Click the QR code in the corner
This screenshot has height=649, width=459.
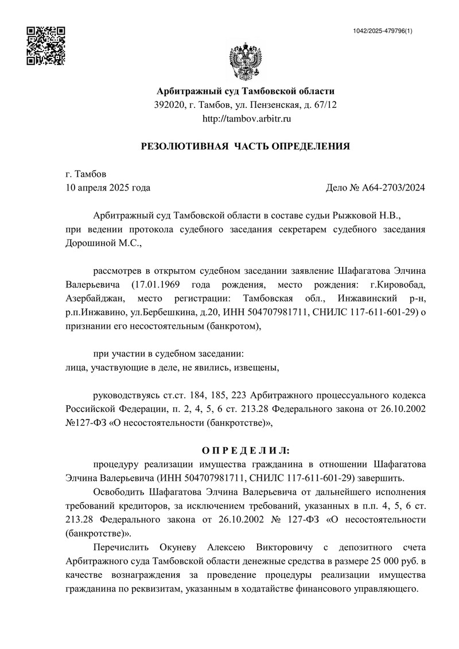46,45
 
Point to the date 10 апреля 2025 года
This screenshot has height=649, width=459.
108,187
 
